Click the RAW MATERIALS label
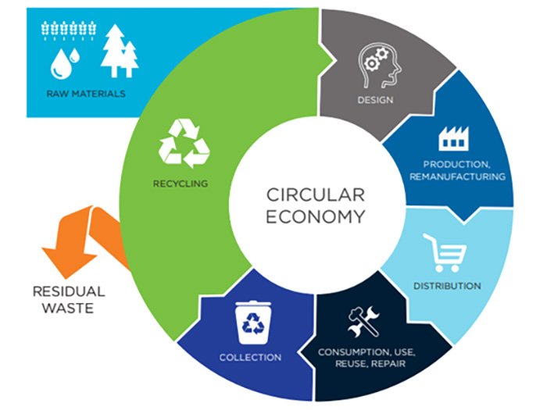tap(86, 94)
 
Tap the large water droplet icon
tap(61, 65)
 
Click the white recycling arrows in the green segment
tap(184, 143)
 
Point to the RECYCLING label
tap(181, 184)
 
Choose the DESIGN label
tap(375, 100)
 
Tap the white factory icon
tap(453, 138)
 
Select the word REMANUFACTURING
tap(457, 176)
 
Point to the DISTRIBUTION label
tap(447, 286)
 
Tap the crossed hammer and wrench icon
tap(364, 322)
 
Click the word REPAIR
tap(388, 364)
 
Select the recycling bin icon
tap(254, 323)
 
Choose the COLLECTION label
tap(250, 358)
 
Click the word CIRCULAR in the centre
tap(316, 195)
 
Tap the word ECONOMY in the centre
tap(316, 217)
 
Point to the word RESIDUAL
tap(69, 291)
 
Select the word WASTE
tap(68, 308)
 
